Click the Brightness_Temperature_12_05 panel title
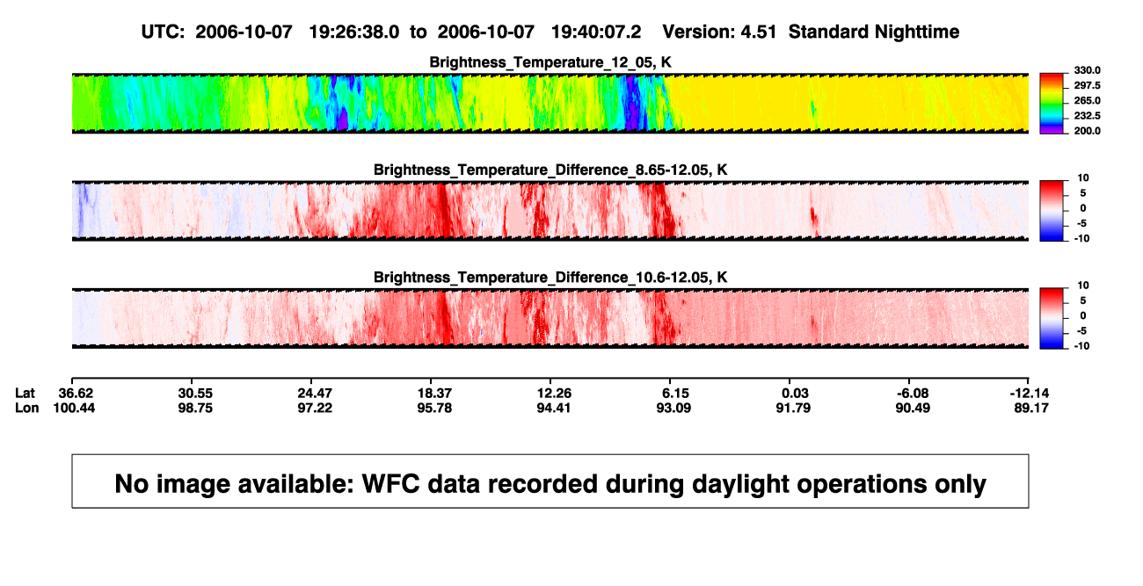tap(550, 62)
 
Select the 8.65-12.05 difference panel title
tap(550, 170)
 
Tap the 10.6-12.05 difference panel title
tap(550, 278)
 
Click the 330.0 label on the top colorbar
tap(1087, 70)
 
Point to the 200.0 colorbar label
tap(1087, 131)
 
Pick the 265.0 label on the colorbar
tap(1087, 100)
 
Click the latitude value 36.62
tap(76, 394)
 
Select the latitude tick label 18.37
tap(434, 394)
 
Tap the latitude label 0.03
tap(796, 394)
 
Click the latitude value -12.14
tap(1030, 394)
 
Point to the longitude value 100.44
tap(74, 408)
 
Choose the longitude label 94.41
tap(554, 408)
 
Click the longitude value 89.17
tap(1031, 408)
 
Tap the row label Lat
tap(25, 394)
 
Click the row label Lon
tap(27, 408)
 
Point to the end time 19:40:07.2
tap(596, 33)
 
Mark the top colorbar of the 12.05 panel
tap(1052, 104)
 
